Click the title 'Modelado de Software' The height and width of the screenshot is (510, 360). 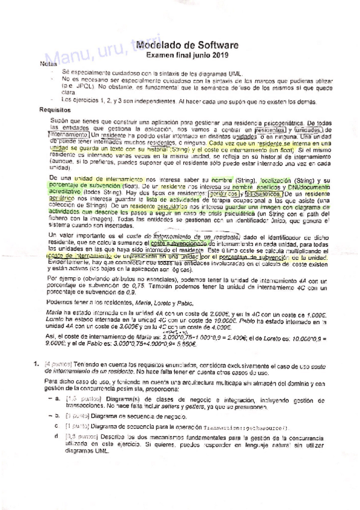point(188,45)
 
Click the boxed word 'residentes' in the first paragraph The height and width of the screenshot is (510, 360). point(269,129)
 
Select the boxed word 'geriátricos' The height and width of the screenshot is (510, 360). point(221,194)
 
